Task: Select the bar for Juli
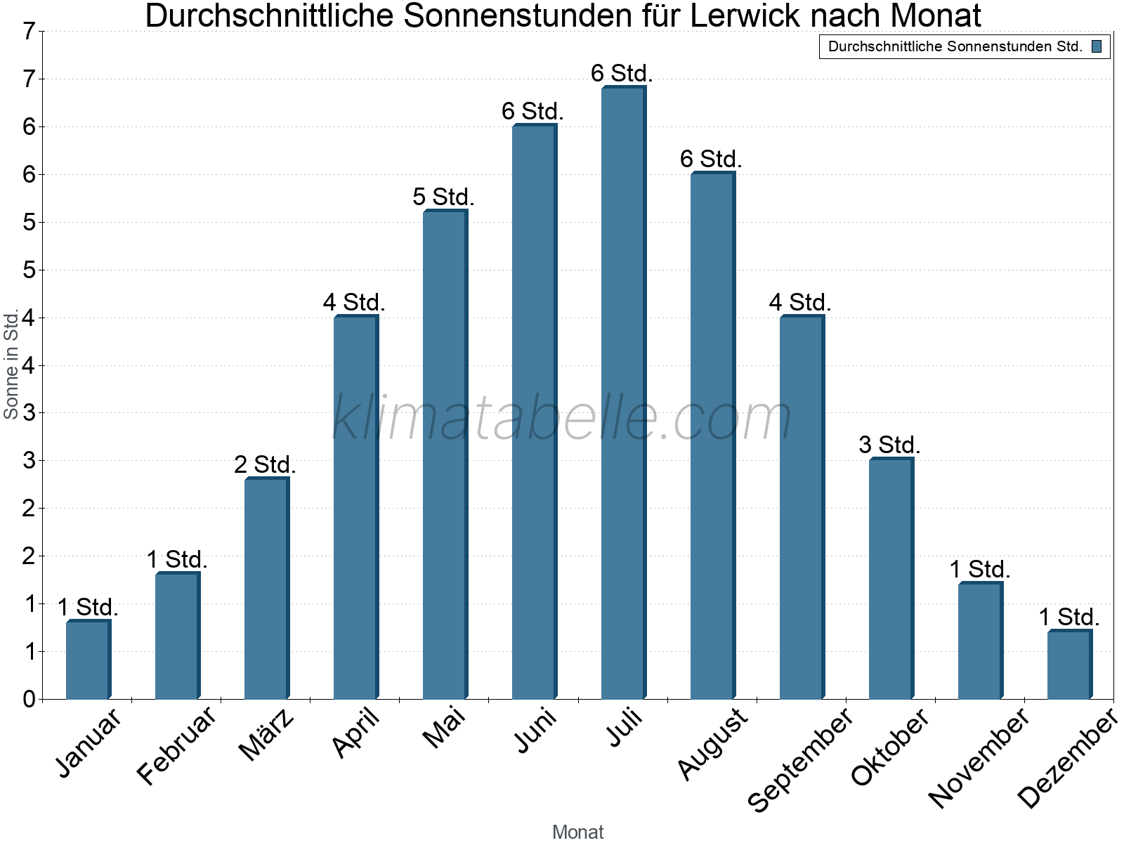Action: (622, 393)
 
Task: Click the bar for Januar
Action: (88, 660)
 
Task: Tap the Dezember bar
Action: (1069, 665)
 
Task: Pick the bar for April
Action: (355, 507)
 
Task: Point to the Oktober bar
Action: (890, 579)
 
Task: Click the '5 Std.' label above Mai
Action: (443, 197)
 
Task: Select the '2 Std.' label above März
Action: (265, 464)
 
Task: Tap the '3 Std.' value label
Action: (889, 445)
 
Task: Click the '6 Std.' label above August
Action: (711, 159)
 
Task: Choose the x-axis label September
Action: (800, 759)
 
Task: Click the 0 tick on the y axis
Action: (29, 699)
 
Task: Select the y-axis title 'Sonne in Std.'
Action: (11, 365)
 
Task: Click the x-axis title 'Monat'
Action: (577, 832)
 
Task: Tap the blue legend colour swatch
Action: (1097, 47)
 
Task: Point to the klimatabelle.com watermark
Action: (562, 418)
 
